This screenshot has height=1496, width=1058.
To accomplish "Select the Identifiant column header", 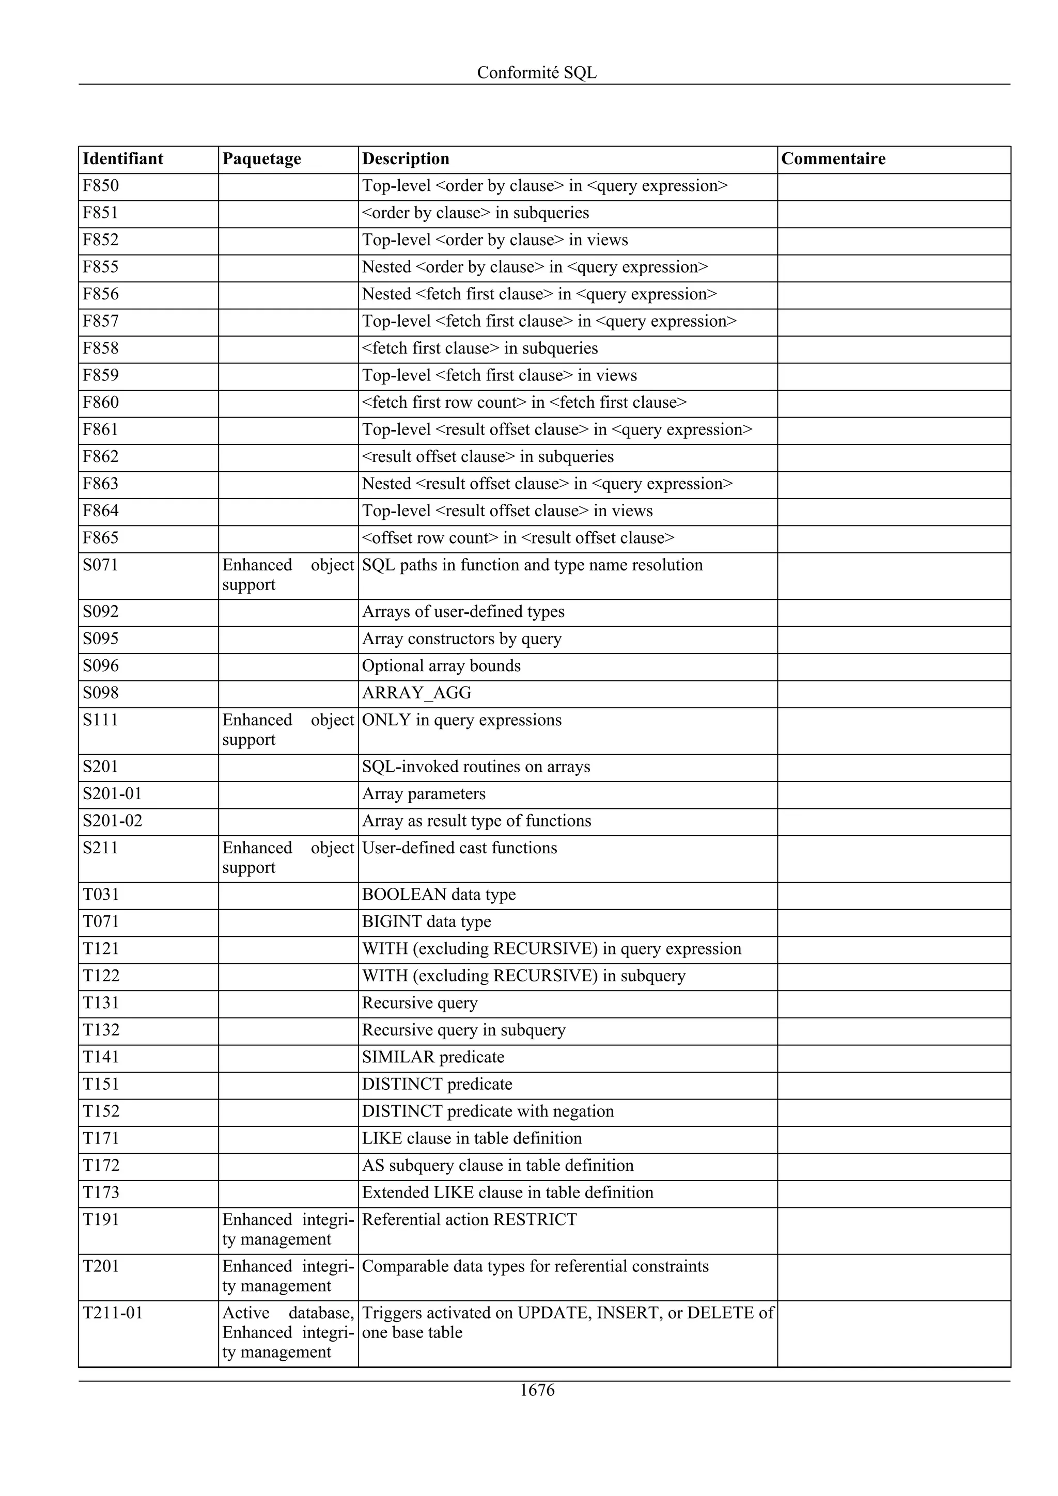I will click(122, 159).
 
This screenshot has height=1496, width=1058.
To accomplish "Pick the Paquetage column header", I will click(261, 159).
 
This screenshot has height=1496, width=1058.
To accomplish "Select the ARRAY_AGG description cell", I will click(416, 693).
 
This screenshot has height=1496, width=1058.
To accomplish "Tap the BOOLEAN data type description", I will click(438, 895).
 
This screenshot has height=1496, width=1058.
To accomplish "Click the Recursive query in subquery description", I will click(463, 1030).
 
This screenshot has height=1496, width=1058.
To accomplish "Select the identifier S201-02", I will click(112, 821).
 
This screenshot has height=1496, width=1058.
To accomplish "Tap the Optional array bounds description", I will click(441, 666).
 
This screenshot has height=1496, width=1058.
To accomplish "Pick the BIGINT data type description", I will click(426, 922).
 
